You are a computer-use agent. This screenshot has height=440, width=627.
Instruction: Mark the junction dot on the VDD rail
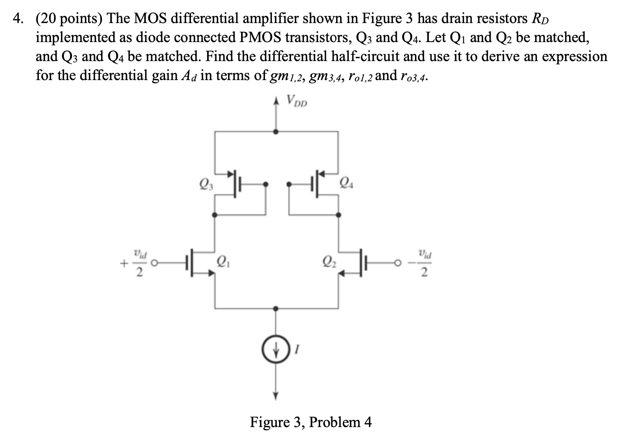(276, 131)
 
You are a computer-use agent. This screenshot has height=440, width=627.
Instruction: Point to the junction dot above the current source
(276, 309)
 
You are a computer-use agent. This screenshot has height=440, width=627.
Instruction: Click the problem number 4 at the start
(16, 19)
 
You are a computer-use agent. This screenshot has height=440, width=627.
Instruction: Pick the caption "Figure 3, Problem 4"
(311, 422)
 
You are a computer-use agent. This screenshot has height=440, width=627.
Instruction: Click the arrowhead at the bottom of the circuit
(276, 396)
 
